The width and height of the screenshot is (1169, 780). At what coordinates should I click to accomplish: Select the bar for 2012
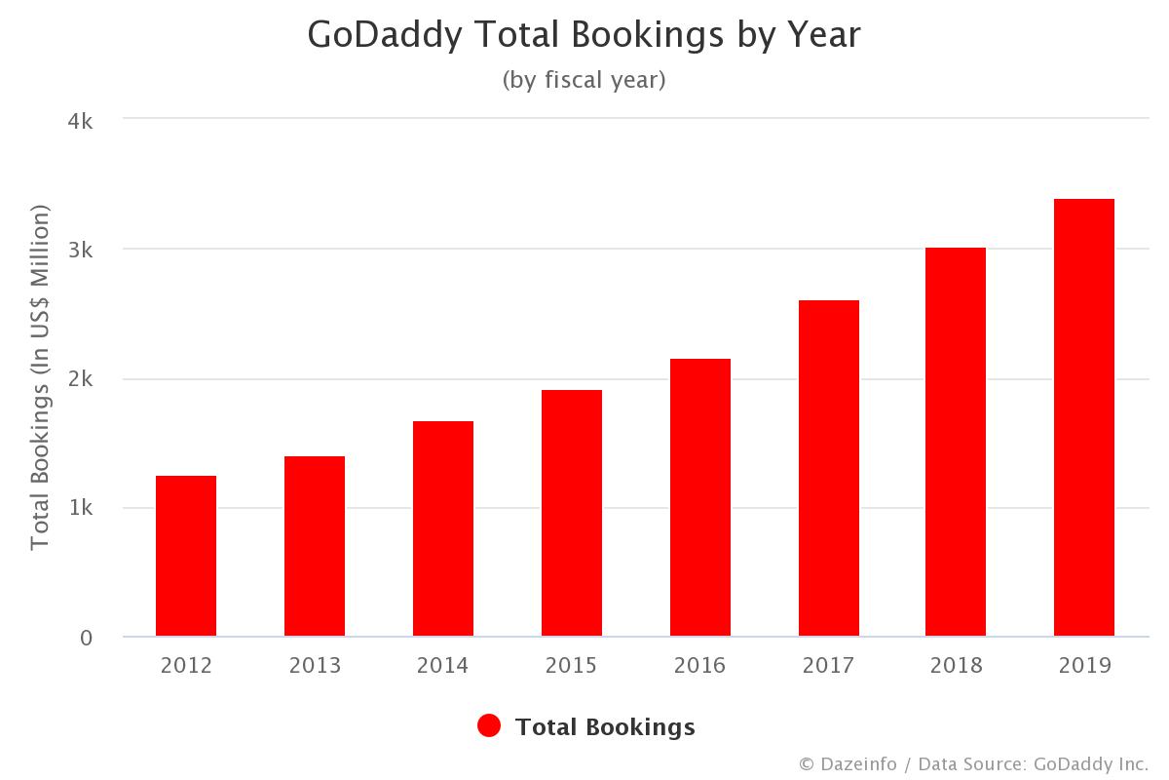tap(186, 556)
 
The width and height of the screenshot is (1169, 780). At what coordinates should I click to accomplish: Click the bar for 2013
tap(315, 546)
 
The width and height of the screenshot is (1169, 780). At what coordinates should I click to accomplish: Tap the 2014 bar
tap(443, 528)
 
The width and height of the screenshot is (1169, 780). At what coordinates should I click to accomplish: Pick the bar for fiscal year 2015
tap(572, 513)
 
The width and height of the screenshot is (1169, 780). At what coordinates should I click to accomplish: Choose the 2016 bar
tap(700, 497)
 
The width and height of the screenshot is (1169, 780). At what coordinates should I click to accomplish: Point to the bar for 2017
tap(829, 468)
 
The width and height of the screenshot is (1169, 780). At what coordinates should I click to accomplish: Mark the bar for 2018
tap(956, 442)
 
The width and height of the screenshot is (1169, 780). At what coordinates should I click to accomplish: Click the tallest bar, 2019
tap(1084, 417)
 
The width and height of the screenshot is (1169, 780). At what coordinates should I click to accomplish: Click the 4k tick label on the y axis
tap(79, 121)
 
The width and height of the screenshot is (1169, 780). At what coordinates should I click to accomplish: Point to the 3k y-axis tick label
tap(79, 250)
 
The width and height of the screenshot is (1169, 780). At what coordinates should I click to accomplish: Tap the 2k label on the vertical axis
tap(79, 379)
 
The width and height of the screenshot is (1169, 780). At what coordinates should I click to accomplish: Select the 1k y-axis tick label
tap(79, 508)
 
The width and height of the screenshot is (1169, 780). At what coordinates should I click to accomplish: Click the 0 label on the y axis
tap(86, 638)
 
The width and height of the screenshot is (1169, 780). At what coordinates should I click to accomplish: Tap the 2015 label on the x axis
tap(571, 666)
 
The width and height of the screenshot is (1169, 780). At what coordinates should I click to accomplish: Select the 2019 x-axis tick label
tap(1084, 666)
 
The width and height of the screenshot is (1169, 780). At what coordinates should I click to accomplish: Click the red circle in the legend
tap(489, 726)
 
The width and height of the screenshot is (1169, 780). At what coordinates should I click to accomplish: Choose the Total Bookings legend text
tap(605, 727)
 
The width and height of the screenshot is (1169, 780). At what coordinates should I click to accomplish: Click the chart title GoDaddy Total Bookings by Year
tap(584, 35)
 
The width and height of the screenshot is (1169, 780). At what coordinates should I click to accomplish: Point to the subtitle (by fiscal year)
tap(584, 80)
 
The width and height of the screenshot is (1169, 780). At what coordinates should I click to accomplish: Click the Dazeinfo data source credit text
tap(974, 763)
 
